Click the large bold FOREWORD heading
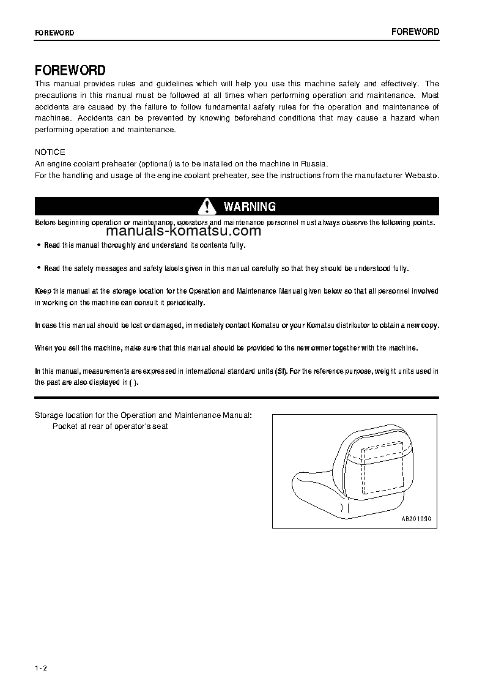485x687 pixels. [70, 70]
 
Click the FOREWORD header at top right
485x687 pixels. [415, 32]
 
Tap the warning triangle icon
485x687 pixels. [208, 206]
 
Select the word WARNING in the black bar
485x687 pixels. [250, 207]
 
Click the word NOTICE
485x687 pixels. [50, 152]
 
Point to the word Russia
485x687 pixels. [316, 163]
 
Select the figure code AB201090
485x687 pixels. [416, 518]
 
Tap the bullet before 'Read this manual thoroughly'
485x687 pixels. [39, 245]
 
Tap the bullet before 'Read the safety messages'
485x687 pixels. [39, 268]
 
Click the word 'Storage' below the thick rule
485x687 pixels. [49, 415]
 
